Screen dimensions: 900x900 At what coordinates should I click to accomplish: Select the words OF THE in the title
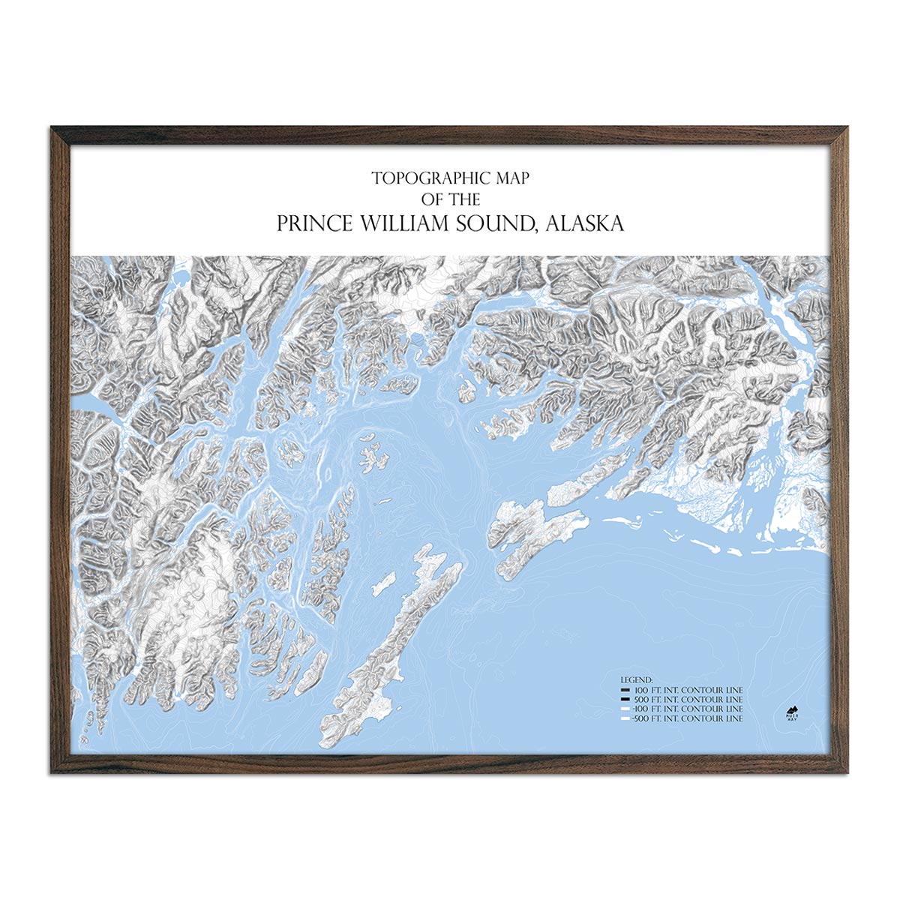point(450,199)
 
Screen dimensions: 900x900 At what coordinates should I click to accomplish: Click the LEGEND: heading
point(637,679)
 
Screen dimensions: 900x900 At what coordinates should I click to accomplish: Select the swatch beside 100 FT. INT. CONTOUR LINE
point(625,689)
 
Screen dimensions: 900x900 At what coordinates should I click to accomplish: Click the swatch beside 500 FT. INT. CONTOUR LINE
point(625,699)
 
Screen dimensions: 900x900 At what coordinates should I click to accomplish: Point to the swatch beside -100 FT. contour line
point(625,709)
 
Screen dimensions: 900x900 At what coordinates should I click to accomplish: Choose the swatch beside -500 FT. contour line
point(625,718)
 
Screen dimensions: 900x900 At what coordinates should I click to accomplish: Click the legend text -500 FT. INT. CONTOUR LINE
point(688,718)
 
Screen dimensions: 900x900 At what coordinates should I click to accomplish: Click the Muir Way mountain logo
point(790,711)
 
